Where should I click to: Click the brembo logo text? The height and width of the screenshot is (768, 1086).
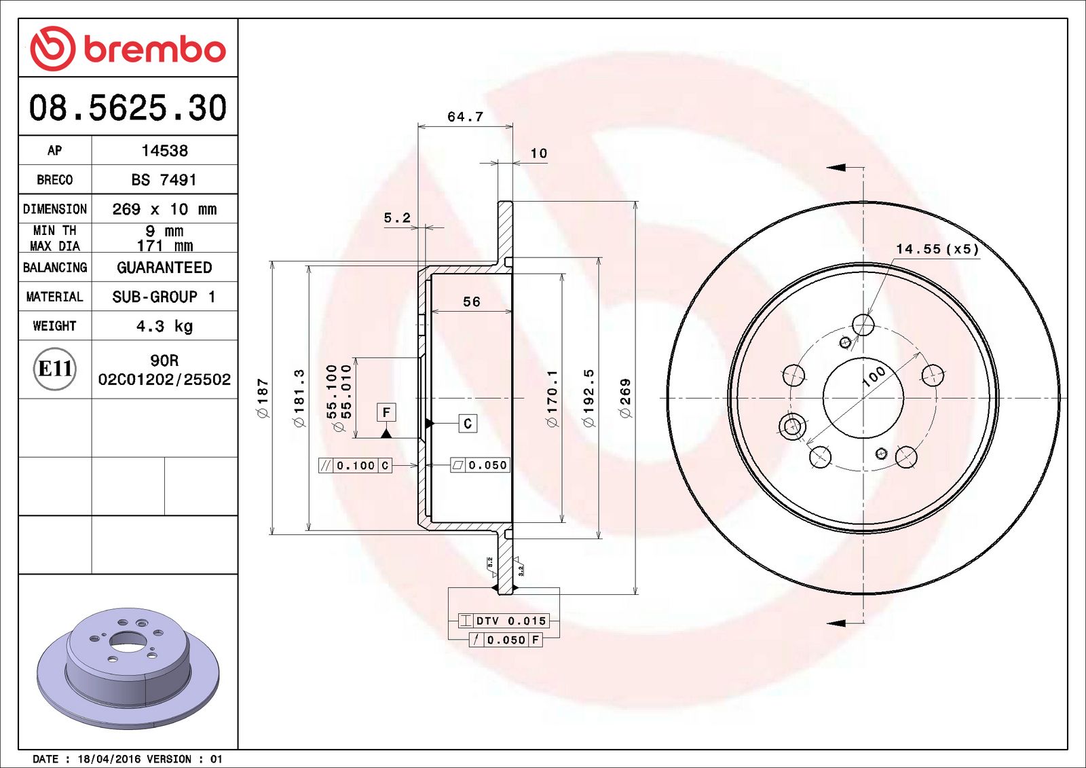(x=155, y=50)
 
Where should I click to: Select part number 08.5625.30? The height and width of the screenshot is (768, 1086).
(x=128, y=108)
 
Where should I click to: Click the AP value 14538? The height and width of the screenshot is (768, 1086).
(x=164, y=151)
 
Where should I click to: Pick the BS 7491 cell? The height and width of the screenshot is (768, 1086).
(x=164, y=180)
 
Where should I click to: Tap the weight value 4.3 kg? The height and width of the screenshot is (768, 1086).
(x=164, y=326)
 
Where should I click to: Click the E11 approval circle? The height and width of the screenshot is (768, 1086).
(x=54, y=369)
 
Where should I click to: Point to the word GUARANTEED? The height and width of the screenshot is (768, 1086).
(x=164, y=268)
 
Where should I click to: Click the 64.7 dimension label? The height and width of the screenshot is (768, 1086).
(x=465, y=117)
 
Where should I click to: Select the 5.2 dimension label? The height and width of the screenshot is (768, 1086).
(x=397, y=218)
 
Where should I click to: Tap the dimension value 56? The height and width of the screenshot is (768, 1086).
(x=471, y=301)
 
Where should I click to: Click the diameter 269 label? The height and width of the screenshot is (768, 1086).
(x=625, y=398)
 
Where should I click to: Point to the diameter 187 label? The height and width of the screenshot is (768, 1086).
(x=263, y=398)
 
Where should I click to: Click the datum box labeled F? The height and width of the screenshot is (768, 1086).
(x=386, y=412)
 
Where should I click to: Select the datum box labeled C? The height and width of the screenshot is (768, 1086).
(x=468, y=424)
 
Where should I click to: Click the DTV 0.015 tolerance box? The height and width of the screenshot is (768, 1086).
(x=503, y=621)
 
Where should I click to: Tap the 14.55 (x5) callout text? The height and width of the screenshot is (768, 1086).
(x=937, y=249)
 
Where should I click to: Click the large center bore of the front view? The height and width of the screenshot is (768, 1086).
(x=863, y=398)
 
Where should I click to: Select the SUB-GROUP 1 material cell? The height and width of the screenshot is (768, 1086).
(x=164, y=297)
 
